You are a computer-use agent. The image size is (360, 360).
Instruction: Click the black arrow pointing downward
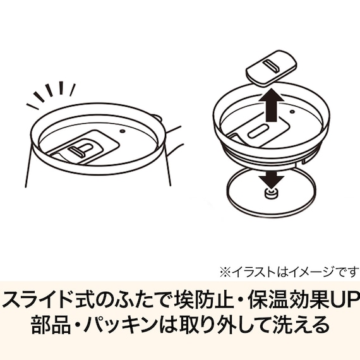[x=272, y=178]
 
